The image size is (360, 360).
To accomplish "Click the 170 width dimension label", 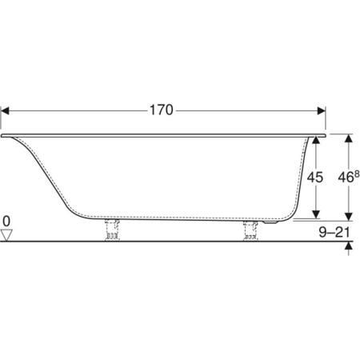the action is pyautogui.click(x=162, y=110).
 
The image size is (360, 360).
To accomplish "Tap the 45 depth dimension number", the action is pyautogui.click(x=315, y=177).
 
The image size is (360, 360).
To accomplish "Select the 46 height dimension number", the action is pyautogui.click(x=346, y=177).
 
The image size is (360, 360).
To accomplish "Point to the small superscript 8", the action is pyautogui.click(x=357, y=174).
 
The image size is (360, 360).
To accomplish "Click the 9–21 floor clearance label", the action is pyautogui.click(x=334, y=232).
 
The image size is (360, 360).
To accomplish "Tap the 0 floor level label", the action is pyautogui.click(x=6, y=221).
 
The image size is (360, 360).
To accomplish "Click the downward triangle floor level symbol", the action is pyautogui.click(x=6, y=235).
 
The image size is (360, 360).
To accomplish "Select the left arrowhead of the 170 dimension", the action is pyautogui.click(x=5, y=110).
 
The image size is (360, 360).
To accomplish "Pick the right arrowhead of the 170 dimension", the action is pyautogui.click(x=322, y=110).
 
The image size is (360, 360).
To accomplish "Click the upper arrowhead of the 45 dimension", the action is pyautogui.click(x=316, y=140).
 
